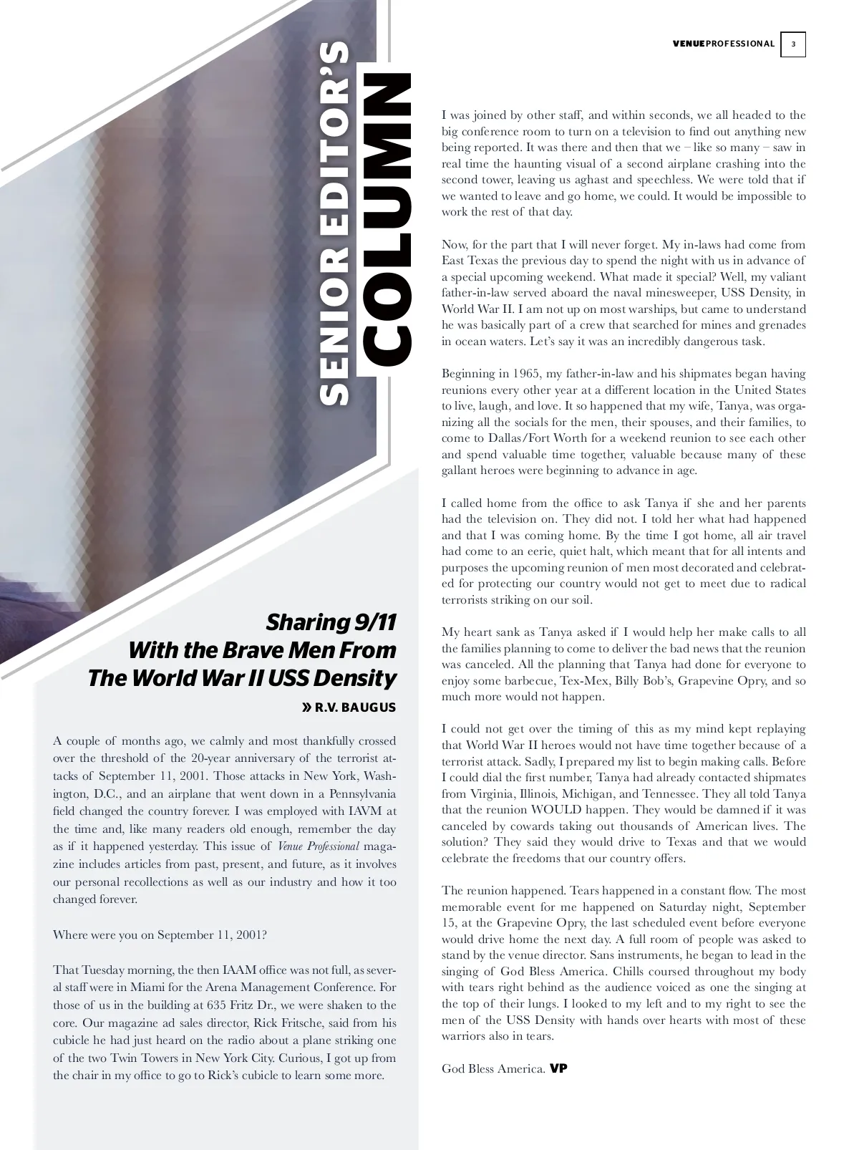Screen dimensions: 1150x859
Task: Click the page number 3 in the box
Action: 793,44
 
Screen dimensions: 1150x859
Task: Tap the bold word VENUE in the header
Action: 689,44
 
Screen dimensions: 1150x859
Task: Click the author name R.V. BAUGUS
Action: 355,708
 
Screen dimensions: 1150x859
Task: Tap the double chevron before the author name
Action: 306,708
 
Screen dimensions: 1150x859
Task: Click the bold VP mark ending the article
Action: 558,1068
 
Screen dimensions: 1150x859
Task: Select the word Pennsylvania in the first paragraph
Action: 354,793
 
